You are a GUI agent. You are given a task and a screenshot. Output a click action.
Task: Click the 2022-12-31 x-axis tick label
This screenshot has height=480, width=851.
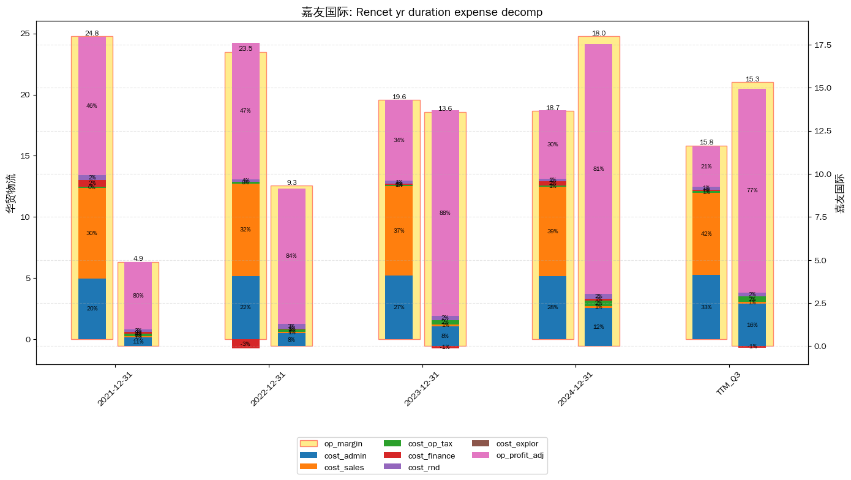tap(267, 390)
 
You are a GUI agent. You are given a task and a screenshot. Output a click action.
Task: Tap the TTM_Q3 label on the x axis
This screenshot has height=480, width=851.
tap(729, 385)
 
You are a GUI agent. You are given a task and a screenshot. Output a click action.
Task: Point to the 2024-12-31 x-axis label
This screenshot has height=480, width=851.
tap(574, 390)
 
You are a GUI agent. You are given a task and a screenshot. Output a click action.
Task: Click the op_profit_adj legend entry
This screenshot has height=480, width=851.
tap(508, 456)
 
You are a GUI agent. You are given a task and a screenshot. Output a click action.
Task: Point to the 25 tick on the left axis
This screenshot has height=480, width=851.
tap(26, 34)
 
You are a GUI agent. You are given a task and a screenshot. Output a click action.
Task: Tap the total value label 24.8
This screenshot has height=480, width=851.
tap(92, 33)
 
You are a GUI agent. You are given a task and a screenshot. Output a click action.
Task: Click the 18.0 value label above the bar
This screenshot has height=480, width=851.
tap(599, 33)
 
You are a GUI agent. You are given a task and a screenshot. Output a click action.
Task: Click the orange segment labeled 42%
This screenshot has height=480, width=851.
tap(706, 234)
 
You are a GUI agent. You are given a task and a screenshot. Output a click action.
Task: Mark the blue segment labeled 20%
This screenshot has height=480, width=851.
tap(92, 309)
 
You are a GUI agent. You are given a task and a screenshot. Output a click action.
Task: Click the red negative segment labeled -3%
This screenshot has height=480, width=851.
tap(246, 344)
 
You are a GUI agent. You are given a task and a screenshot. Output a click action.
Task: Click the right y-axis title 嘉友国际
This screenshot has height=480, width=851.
tap(841, 193)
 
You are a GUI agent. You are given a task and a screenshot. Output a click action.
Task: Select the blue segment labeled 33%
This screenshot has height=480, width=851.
tap(706, 307)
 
